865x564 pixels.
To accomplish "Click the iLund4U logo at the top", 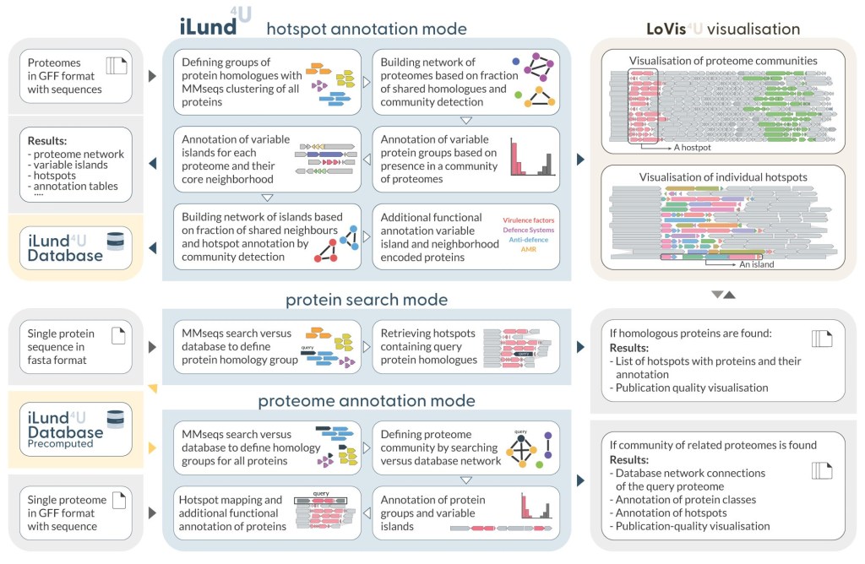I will [215, 24].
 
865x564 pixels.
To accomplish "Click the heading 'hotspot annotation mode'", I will [366, 29].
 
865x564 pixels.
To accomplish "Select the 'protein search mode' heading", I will [366, 300].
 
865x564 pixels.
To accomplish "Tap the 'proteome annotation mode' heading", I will [366, 400].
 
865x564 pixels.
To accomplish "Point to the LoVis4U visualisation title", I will [722, 29].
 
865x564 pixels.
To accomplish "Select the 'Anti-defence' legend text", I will [530, 240].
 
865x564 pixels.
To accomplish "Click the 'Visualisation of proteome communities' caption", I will [723, 60].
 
